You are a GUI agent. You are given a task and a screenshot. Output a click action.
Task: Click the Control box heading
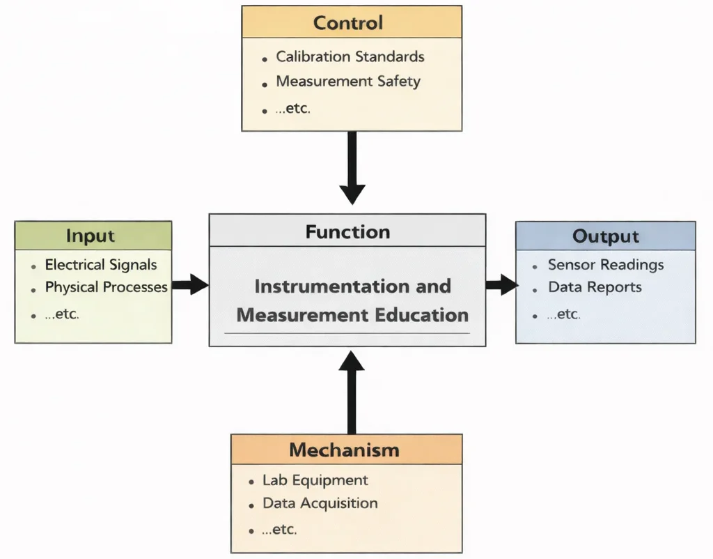click(x=348, y=22)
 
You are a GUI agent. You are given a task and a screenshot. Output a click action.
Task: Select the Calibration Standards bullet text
click(x=350, y=56)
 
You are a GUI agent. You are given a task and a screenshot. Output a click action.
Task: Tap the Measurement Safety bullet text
click(x=348, y=82)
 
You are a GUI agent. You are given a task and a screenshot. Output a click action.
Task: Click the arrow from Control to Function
click(x=352, y=167)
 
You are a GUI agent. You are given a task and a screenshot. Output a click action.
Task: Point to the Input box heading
click(x=91, y=236)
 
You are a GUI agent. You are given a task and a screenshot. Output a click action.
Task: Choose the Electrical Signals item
click(x=101, y=265)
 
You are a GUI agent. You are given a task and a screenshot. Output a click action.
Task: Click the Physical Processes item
click(x=107, y=287)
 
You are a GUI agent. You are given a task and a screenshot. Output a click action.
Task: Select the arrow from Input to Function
click(x=190, y=284)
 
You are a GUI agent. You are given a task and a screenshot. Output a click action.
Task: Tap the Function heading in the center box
click(x=347, y=231)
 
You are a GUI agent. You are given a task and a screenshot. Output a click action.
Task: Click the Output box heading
click(x=605, y=236)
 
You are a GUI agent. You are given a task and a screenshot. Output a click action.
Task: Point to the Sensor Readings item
click(x=606, y=265)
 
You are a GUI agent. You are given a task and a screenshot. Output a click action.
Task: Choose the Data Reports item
click(x=595, y=287)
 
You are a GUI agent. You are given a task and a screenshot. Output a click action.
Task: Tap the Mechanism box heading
click(x=345, y=450)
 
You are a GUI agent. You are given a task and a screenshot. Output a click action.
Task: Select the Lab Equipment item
click(x=315, y=480)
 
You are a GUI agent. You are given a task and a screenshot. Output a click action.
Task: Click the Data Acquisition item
click(x=320, y=503)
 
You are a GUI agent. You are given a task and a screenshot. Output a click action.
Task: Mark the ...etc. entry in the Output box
click(x=563, y=314)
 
